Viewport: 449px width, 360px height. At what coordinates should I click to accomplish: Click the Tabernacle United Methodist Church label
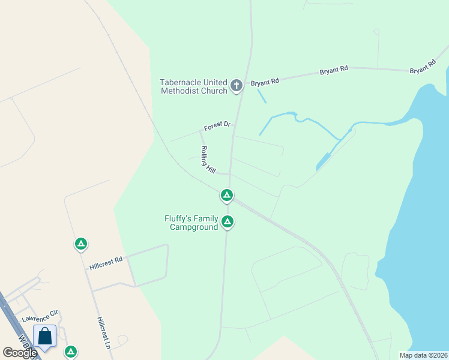point(193,86)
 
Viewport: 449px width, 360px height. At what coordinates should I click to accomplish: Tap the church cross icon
point(237,86)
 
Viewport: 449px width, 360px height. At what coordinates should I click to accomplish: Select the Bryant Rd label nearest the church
point(265,81)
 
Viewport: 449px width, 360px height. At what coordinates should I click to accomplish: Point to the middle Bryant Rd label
point(334,70)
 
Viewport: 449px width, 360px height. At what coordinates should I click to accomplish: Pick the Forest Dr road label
point(217,125)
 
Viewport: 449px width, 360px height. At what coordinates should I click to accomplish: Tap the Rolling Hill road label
point(208,160)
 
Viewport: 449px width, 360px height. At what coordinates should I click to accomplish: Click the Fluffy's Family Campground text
point(191,223)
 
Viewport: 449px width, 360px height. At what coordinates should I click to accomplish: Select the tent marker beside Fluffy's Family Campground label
point(228,222)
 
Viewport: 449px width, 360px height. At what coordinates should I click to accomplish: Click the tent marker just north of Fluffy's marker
point(227,195)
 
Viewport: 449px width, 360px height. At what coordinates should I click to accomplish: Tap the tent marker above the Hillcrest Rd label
point(80,244)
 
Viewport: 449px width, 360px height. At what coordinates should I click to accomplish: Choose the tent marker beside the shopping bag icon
point(71,352)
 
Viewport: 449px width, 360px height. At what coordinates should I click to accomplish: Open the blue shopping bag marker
point(45,337)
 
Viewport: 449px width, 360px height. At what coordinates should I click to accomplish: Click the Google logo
point(19,353)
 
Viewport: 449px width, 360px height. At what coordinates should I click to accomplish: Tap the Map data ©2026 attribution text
point(423,355)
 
